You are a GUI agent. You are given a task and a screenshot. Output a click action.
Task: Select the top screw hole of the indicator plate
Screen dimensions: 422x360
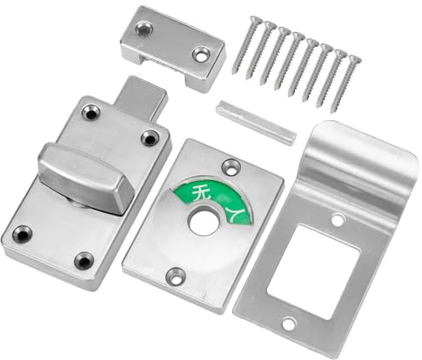pyautogui.click(x=231, y=167)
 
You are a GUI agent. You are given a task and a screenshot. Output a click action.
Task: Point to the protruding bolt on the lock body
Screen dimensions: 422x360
pyautogui.click(x=142, y=99)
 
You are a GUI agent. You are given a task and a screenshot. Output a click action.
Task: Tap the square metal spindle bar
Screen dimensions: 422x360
pyautogui.click(x=256, y=123)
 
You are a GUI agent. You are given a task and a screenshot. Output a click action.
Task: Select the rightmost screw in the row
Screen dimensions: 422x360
pyautogui.click(x=346, y=83)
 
